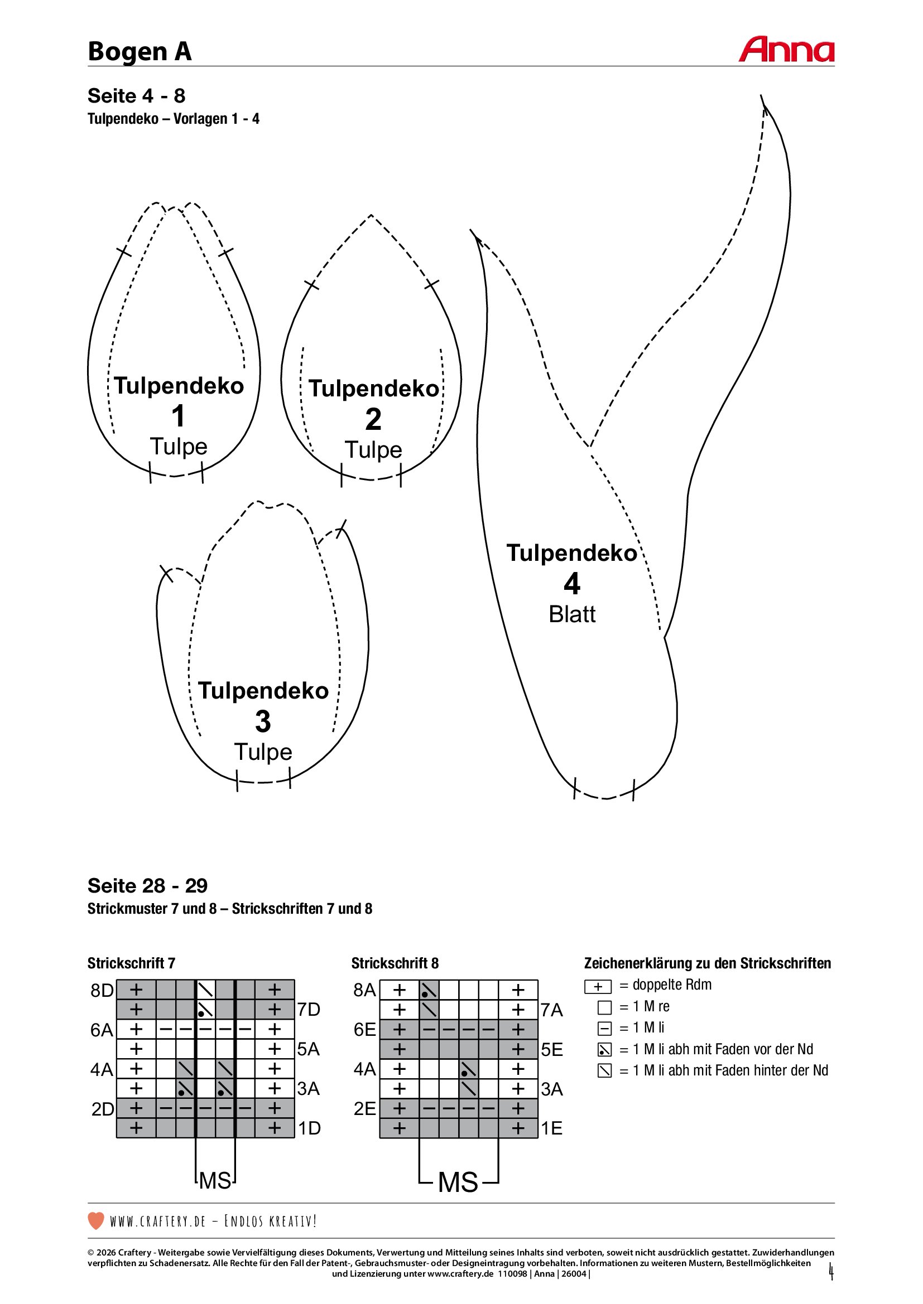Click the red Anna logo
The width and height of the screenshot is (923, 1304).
click(x=786, y=50)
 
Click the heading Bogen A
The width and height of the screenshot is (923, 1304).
click(x=140, y=52)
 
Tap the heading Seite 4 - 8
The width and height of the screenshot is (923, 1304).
click(x=136, y=96)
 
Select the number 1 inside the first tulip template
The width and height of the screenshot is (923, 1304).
click(x=179, y=416)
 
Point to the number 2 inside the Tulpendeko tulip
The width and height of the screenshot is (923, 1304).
click(x=373, y=419)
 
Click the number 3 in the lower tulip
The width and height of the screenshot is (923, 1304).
click(x=263, y=721)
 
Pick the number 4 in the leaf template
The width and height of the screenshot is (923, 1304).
click(x=572, y=584)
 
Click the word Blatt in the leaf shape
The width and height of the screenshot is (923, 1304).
click(x=572, y=614)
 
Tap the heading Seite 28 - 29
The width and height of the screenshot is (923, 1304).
click(x=147, y=885)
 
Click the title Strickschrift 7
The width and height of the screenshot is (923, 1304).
click(x=131, y=963)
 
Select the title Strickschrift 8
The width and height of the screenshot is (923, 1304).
click(x=395, y=963)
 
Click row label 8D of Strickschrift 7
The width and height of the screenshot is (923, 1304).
click(x=102, y=991)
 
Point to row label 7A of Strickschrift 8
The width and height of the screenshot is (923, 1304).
click(x=551, y=1010)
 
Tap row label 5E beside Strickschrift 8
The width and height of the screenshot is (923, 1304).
click(x=551, y=1050)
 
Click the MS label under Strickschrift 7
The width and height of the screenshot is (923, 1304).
click(x=215, y=1181)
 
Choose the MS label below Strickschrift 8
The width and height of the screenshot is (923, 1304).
click(x=458, y=1182)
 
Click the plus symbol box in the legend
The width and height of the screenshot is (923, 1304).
click(x=598, y=987)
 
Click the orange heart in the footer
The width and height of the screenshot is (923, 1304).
click(x=96, y=1220)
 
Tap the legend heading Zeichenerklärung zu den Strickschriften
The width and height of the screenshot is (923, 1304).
click(x=707, y=963)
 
